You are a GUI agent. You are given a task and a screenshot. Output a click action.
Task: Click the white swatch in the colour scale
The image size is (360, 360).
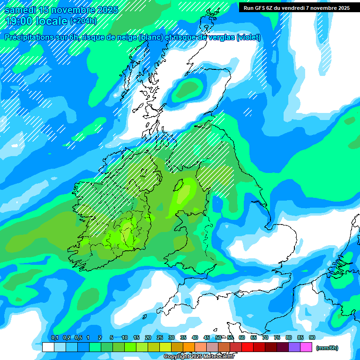(48, 347)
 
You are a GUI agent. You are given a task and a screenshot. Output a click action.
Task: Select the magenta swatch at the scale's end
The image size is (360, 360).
(306, 347)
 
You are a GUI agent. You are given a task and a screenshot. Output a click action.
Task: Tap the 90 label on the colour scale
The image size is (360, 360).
(312, 337)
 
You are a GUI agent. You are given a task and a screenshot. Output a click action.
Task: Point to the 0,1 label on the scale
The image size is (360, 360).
(54, 337)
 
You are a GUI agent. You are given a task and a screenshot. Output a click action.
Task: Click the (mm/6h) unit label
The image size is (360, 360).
(327, 348)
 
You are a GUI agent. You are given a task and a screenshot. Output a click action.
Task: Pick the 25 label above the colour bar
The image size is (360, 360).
(160, 337)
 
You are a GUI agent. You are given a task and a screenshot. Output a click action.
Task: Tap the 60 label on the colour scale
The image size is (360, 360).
(241, 337)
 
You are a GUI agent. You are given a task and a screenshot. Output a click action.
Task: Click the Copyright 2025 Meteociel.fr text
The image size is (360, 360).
(199, 357)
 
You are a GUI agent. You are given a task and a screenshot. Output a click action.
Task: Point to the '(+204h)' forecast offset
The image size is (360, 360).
(83, 21)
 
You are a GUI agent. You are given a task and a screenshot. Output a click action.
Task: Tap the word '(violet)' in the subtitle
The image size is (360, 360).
(249, 37)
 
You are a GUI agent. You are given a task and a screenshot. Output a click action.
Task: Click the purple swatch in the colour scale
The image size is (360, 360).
(294, 347)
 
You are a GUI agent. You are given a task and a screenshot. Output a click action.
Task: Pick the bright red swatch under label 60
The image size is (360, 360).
(247, 347)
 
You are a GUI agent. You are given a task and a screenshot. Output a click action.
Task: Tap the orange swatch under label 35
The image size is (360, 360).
(189, 347)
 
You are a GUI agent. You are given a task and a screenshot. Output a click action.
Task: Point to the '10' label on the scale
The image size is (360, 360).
(125, 337)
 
